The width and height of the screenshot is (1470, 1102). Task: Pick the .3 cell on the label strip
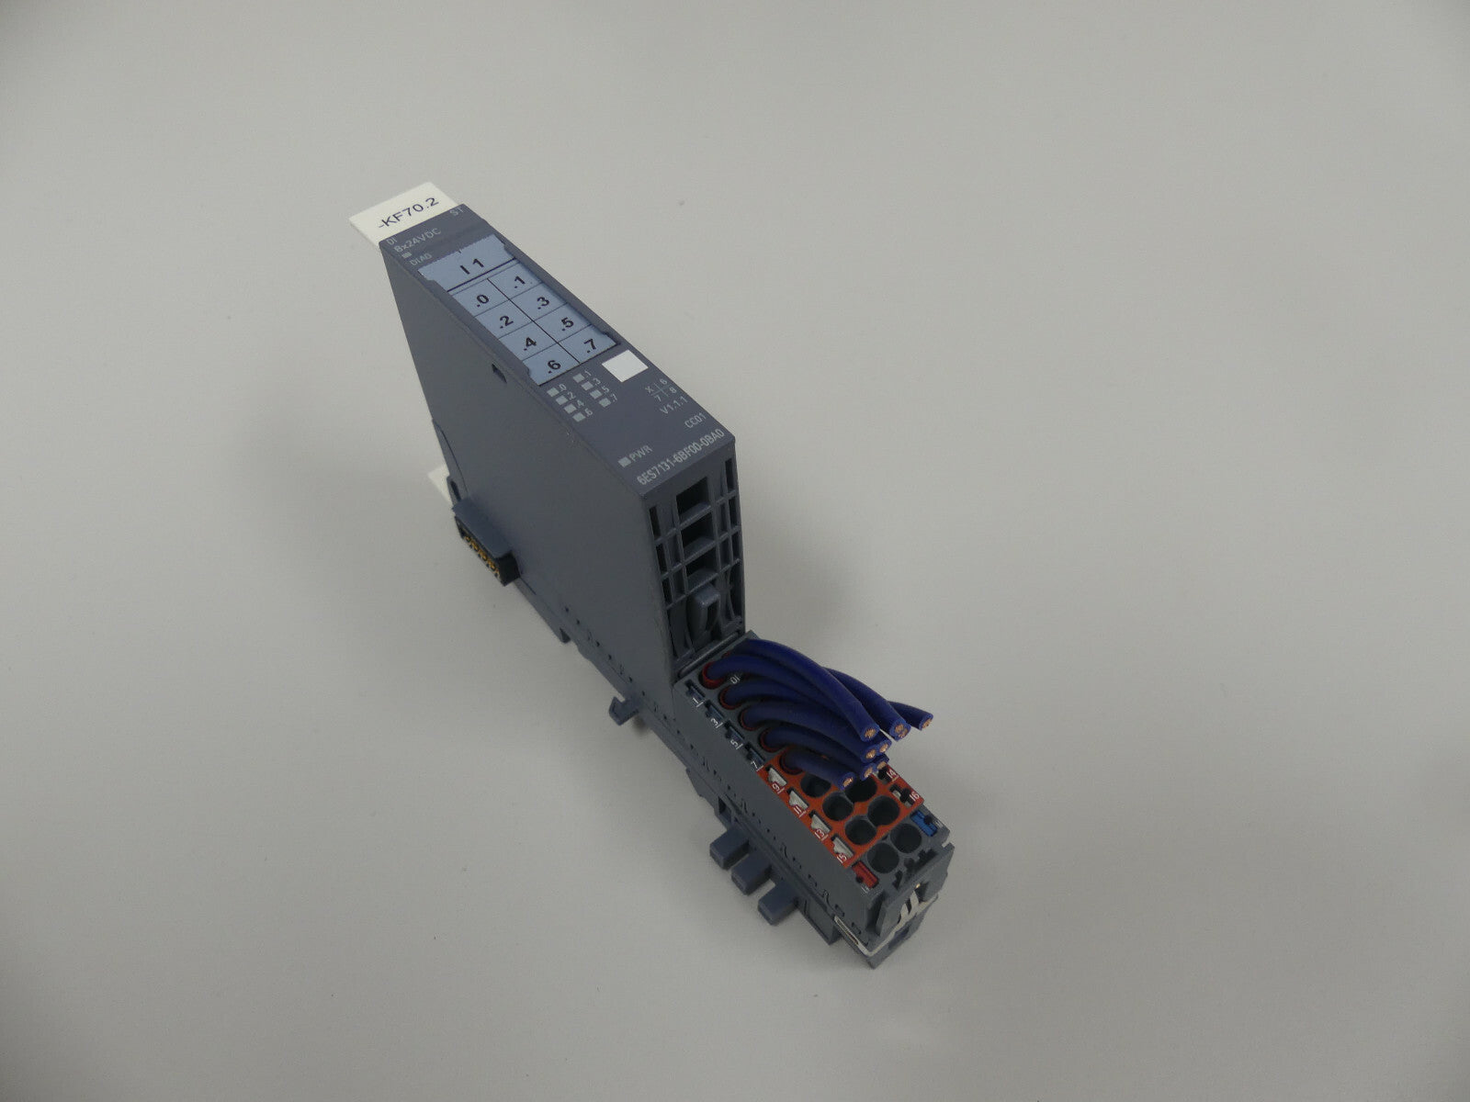(542, 301)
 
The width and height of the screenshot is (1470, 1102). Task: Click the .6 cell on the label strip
(553, 366)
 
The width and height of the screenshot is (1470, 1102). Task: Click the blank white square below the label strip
(629, 365)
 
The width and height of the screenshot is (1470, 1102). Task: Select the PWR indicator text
(634, 455)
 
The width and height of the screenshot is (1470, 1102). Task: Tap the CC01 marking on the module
(695, 425)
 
